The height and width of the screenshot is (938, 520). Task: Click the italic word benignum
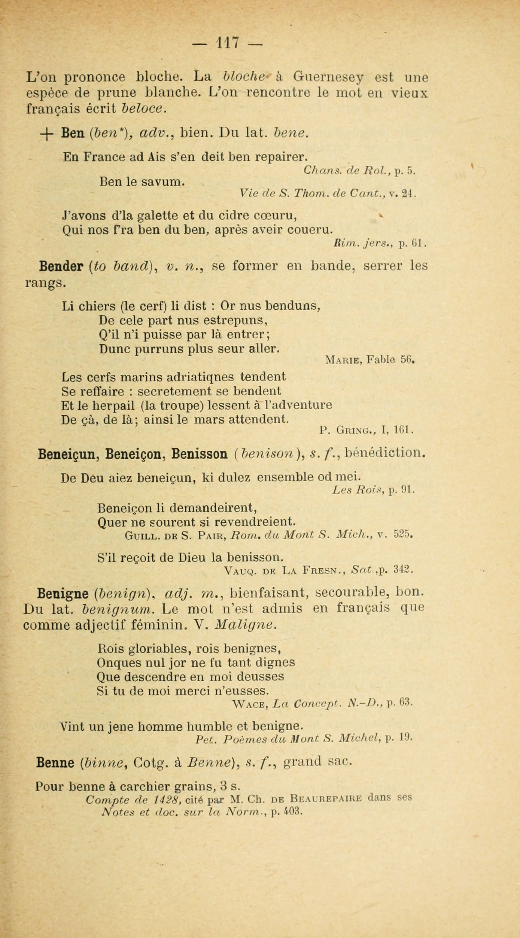[x=118, y=609]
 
